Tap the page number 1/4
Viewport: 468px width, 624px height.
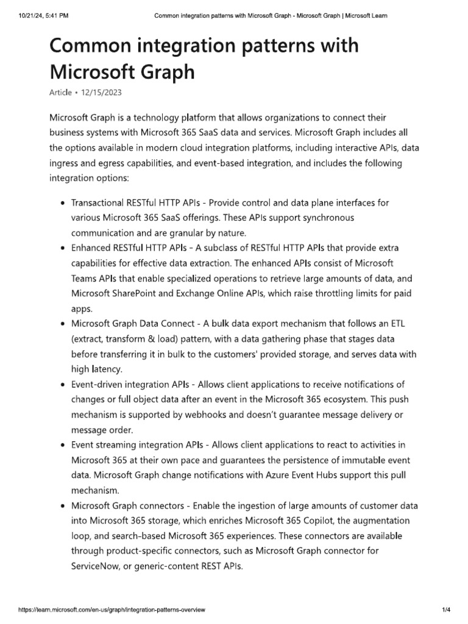pos(445,609)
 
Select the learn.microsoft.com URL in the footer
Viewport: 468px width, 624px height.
pos(112,609)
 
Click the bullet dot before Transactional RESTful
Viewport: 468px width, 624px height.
pos(63,203)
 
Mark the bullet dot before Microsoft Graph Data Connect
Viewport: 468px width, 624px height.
pos(63,324)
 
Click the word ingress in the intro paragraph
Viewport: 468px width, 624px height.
pos(65,164)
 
